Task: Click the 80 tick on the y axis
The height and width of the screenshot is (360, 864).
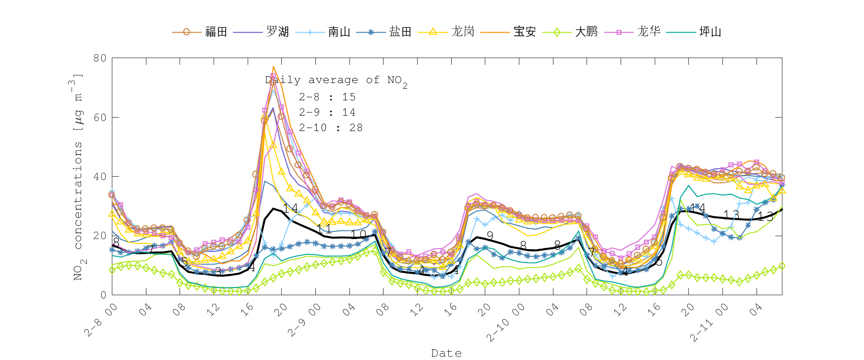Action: (x=100, y=58)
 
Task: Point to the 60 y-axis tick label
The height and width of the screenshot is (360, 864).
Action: (x=100, y=117)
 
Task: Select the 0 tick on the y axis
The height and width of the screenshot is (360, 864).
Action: (x=103, y=295)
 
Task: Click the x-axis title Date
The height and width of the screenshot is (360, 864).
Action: (x=446, y=353)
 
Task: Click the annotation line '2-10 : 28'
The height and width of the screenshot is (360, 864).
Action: (x=330, y=128)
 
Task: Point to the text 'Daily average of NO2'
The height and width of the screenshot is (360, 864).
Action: (x=336, y=81)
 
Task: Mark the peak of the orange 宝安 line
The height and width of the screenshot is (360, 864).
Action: (x=273, y=67)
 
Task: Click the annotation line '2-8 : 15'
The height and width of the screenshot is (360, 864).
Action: (x=327, y=97)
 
